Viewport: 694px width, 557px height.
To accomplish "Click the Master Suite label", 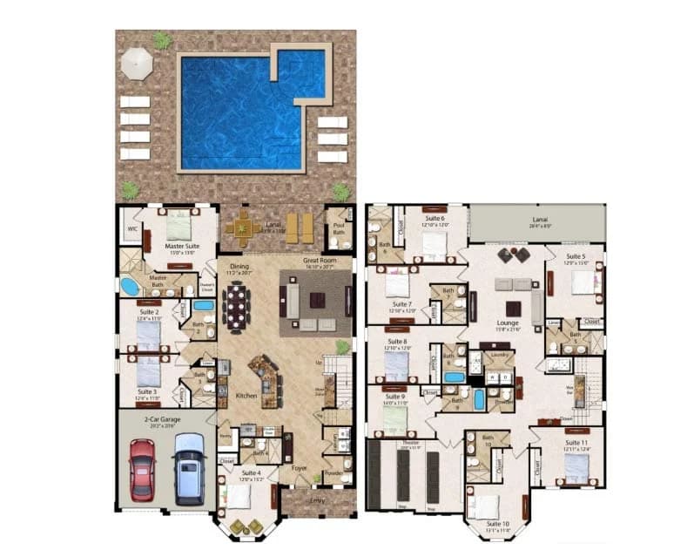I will tap(182, 246).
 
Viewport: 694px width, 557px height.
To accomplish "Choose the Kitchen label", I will tap(246, 396).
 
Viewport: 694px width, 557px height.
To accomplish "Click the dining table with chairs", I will tap(236, 306).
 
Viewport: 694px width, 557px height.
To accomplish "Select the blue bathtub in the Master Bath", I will tap(130, 287).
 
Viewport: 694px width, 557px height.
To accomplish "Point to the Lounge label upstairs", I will tap(508, 322).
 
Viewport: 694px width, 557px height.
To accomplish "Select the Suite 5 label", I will tap(576, 257).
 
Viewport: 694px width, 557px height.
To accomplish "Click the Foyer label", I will tap(299, 467).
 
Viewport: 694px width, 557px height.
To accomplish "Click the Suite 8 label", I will tap(397, 341).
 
